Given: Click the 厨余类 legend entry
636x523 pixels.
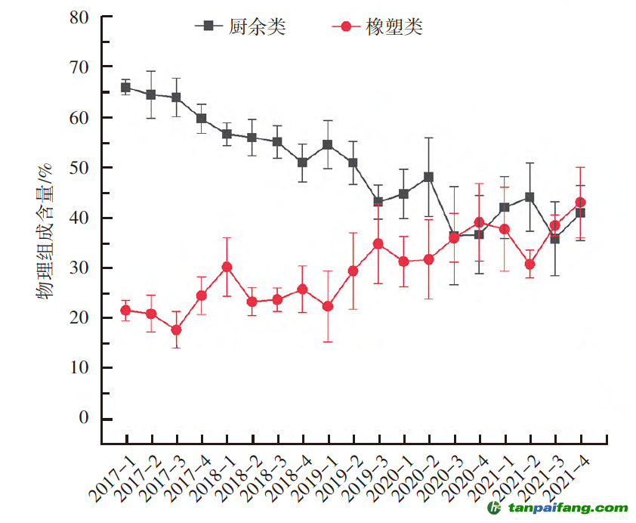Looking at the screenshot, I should click(x=240, y=26).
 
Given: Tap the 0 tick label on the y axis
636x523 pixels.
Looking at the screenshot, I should click(x=83, y=418).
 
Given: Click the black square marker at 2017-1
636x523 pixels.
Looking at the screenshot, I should click(x=125, y=87).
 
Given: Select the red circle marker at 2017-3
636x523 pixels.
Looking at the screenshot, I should click(x=176, y=330).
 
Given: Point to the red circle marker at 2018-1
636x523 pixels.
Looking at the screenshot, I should click(x=227, y=267).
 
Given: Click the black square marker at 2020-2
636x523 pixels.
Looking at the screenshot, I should click(x=429, y=177).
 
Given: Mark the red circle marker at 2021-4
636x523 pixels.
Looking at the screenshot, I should click(x=581, y=203).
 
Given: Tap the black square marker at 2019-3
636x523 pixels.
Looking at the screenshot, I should click(x=378, y=203).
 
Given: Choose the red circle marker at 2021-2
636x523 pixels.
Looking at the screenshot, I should click(x=530, y=265).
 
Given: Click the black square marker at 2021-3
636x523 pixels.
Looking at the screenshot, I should click(x=555, y=239).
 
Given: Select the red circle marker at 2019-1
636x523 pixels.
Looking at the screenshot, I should click(x=328, y=306).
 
